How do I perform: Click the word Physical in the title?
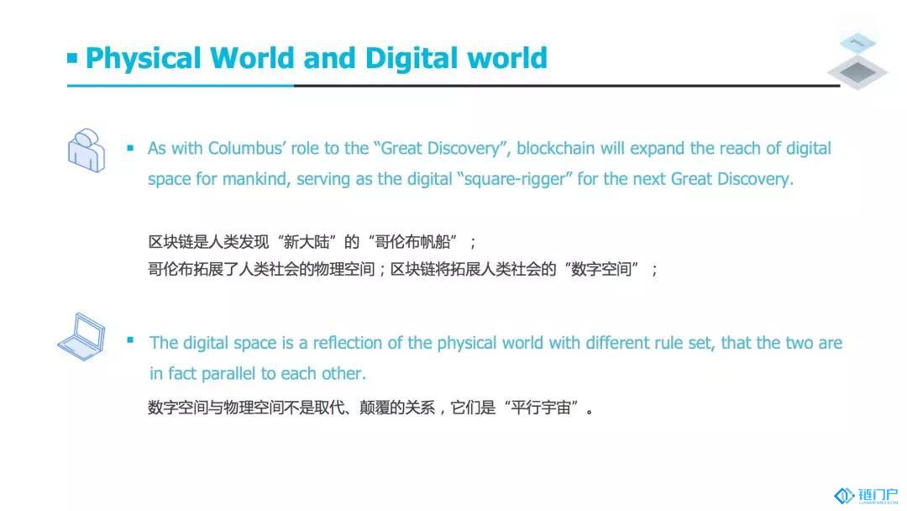coord(143,59)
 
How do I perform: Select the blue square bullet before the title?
coord(72,58)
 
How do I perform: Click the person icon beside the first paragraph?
coord(87,150)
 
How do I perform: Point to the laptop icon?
coord(81,337)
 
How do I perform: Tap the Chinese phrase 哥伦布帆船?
coord(412,241)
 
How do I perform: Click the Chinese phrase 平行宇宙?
coord(541,408)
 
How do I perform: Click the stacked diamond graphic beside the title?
coord(857,62)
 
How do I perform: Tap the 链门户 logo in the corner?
coord(866,496)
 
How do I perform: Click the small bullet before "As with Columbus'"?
coord(130,148)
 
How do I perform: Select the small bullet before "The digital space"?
coord(130,340)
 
